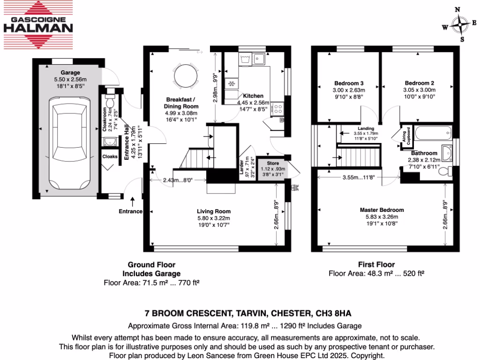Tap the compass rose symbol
[x=459, y=25]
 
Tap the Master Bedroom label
[x=382, y=210]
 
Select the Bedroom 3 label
[x=348, y=83]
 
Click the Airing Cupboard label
[x=405, y=136]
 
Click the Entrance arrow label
[x=130, y=211]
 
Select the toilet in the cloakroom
[x=110, y=100]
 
